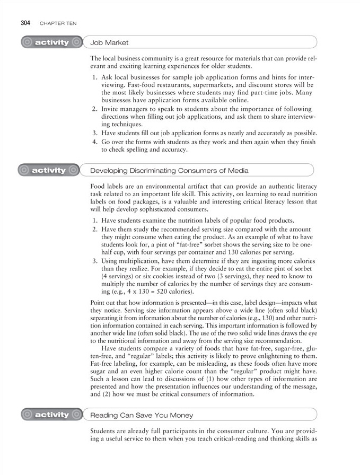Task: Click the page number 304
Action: (x=24, y=23)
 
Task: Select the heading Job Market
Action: (x=109, y=42)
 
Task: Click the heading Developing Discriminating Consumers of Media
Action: (x=169, y=171)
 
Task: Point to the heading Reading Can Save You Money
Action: (x=142, y=415)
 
